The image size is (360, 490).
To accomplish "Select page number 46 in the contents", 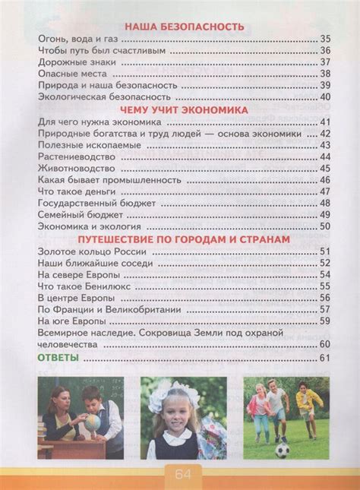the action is tap(325, 180).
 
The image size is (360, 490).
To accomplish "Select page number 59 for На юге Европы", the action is tap(325, 321).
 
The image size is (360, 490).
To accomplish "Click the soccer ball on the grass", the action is tap(282, 450).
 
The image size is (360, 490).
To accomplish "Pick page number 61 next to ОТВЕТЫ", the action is tap(325, 358).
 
